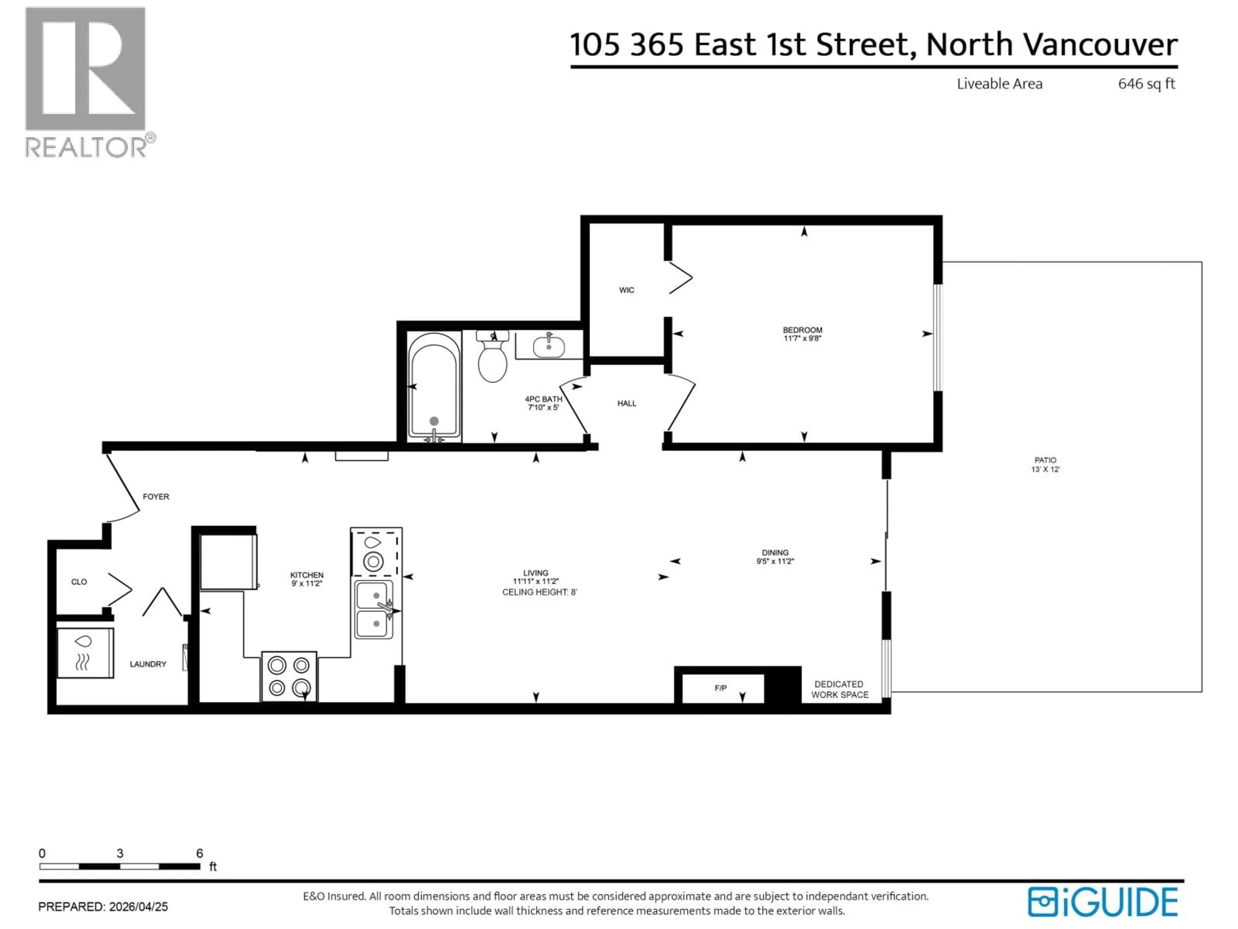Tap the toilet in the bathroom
[493, 358]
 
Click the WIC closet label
[626, 290]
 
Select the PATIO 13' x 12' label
[1045, 465]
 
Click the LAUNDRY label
[148, 664]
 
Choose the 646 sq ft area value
[1146, 84]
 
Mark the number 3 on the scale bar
[120, 854]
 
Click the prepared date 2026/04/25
[138, 907]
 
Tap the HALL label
[626, 403]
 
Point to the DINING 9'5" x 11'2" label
[775, 557]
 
